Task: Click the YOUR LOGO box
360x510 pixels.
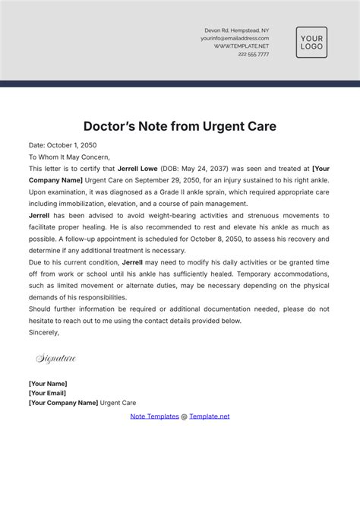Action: tap(311, 43)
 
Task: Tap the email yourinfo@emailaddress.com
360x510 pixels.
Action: tap(235, 38)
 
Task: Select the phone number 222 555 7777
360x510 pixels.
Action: tap(253, 54)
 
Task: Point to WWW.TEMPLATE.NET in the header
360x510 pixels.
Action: tap(242, 46)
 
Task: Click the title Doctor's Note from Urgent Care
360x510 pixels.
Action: tap(179, 125)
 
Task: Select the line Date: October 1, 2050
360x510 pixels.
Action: tap(62, 145)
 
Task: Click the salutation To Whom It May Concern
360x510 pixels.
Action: tap(69, 157)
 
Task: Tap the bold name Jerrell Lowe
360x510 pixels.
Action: tap(138, 169)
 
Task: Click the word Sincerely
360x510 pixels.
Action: tap(45, 332)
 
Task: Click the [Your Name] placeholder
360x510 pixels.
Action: tap(48, 384)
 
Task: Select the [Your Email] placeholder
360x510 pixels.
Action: tap(47, 393)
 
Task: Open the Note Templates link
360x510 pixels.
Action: tap(154, 417)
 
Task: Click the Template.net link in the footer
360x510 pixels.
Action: tap(209, 417)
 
